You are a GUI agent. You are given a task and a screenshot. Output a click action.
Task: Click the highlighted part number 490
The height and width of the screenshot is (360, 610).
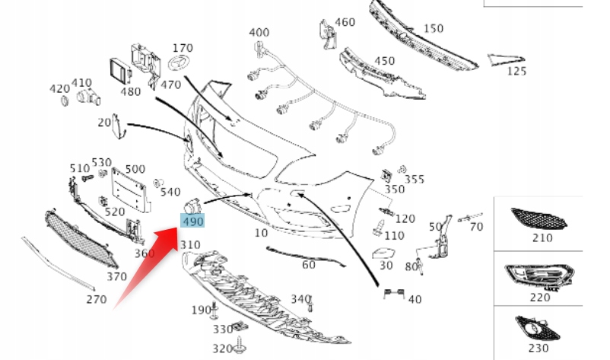coord(192,221)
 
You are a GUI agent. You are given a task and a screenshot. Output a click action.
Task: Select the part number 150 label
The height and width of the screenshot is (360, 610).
coord(433,29)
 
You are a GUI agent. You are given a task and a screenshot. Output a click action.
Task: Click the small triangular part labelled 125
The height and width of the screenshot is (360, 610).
coord(504,59)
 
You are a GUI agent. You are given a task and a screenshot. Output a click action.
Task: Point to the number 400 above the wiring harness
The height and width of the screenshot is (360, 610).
coord(259,33)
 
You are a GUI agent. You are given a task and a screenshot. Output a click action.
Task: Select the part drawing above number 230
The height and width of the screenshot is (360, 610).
coord(539,327)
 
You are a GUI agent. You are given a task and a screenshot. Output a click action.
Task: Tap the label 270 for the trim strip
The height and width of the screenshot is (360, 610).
coord(96,299)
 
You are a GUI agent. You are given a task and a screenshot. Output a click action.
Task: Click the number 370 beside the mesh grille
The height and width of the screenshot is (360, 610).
coord(116,276)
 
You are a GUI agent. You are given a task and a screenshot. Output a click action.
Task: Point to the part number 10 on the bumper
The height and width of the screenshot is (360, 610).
coord(261,233)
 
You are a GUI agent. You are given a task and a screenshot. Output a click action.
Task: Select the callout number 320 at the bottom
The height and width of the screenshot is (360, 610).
coord(222,348)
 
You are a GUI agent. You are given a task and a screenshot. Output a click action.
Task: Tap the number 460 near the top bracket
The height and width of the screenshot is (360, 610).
coord(345,23)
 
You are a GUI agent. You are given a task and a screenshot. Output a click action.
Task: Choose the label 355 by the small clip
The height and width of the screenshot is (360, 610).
coord(415,179)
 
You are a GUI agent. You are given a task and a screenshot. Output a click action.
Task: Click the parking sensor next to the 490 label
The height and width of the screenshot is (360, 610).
coord(193,205)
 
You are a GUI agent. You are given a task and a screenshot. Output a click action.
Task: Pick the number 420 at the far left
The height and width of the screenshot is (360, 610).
coord(59,89)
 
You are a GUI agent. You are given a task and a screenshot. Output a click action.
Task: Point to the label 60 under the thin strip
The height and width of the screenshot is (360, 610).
coord(308,265)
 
